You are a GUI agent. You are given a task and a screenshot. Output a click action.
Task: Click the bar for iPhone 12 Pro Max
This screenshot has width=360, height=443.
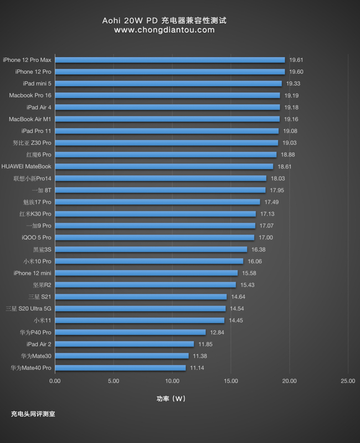169,60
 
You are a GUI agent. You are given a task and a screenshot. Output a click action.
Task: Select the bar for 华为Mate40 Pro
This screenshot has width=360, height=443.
120,368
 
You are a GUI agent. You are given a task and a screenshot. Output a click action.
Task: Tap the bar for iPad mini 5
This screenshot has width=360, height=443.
168,84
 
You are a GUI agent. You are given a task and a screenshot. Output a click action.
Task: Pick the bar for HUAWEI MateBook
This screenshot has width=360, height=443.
164,166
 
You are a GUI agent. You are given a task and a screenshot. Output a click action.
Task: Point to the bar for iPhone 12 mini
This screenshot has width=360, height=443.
146,273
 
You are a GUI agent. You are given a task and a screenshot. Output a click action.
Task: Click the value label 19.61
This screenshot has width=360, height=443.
296,60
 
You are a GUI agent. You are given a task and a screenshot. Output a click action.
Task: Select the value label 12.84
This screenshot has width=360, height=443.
217,332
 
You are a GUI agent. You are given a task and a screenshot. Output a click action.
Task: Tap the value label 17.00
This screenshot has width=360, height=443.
265,238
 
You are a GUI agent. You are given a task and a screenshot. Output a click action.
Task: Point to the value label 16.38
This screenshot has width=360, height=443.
258,249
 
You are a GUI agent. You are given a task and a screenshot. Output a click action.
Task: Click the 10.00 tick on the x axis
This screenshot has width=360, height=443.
172,381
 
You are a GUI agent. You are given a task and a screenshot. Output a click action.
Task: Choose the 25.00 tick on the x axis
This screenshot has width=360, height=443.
348,381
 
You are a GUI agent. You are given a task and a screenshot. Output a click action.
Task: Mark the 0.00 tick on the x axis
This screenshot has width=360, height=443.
55,381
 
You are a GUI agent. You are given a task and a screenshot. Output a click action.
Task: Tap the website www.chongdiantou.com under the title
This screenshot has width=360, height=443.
164,30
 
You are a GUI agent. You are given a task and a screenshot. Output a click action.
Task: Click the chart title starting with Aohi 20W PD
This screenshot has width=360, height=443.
164,20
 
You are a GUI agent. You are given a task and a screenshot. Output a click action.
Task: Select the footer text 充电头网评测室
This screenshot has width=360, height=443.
33,414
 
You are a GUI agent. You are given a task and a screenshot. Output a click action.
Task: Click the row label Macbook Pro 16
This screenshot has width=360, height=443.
30,95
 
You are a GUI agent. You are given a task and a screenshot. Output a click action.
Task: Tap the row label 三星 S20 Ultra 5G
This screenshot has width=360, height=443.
28,308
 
